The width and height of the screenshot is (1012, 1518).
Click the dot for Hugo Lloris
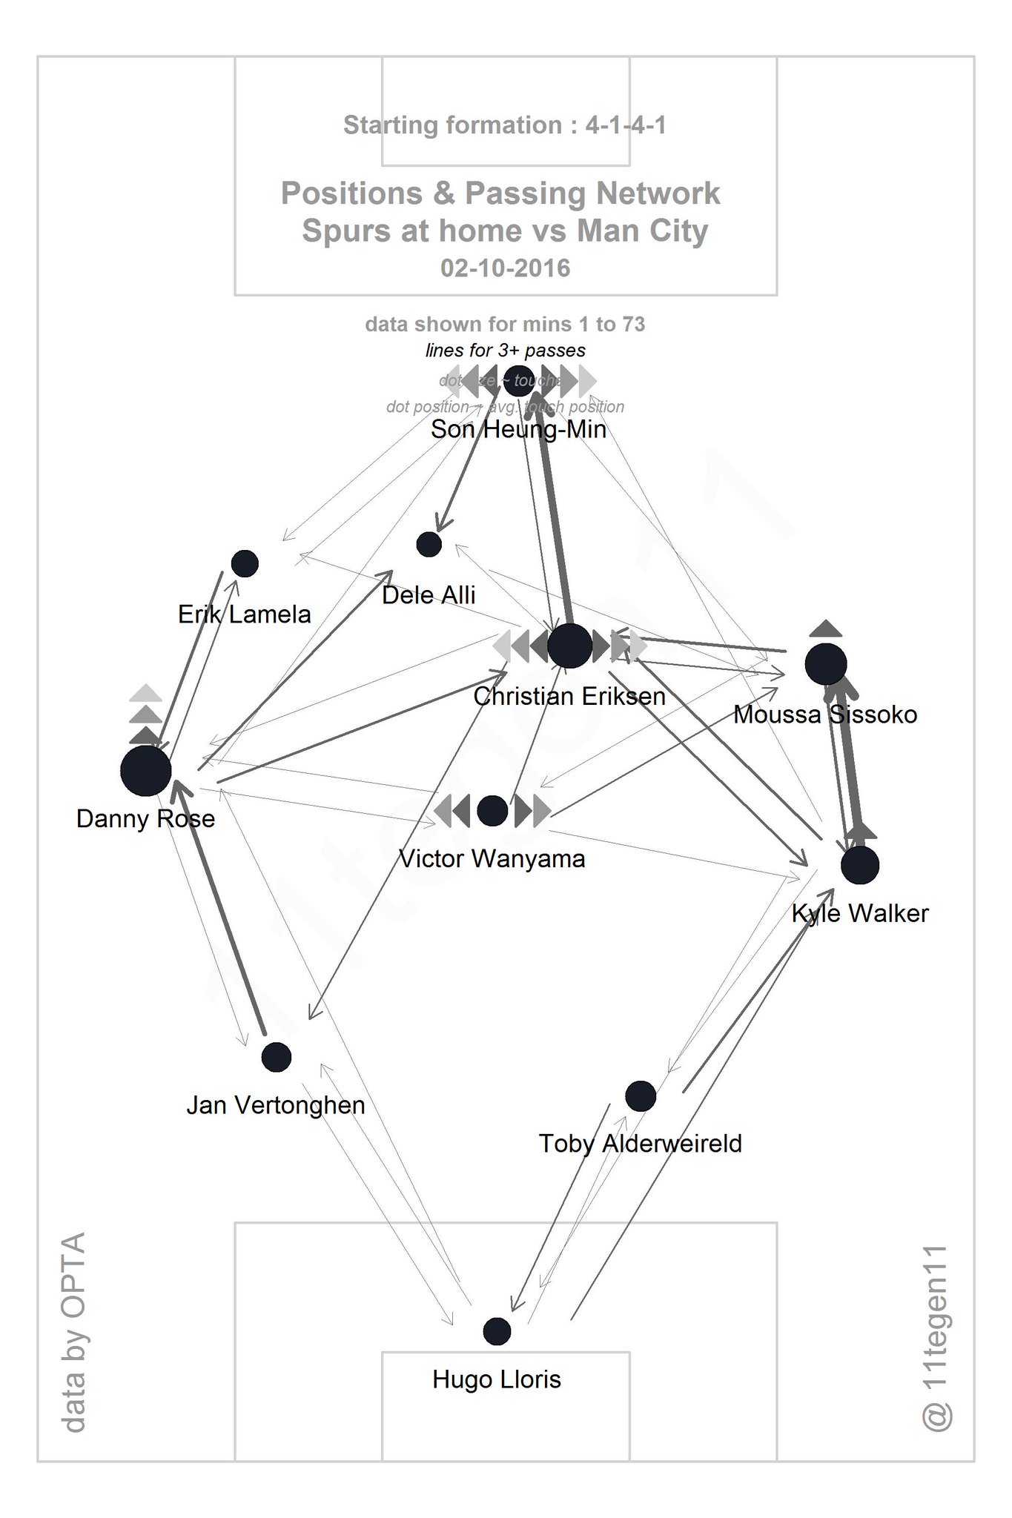[x=497, y=1331]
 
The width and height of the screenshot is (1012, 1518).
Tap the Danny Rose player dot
[x=146, y=771]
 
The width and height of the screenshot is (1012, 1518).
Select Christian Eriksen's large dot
[x=569, y=646]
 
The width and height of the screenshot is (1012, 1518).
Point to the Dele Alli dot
[x=429, y=544]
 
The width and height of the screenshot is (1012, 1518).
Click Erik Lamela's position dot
[x=245, y=563]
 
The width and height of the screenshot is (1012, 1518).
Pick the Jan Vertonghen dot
[x=277, y=1057]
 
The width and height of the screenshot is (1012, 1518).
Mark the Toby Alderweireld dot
[x=641, y=1096]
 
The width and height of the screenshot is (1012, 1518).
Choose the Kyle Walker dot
[x=860, y=865]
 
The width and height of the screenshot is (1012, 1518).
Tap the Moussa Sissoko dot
[x=826, y=664]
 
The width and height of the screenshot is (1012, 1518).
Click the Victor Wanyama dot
[x=492, y=811]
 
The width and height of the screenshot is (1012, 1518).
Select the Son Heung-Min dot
[x=519, y=381]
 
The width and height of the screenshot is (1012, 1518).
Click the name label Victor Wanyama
[x=492, y=859]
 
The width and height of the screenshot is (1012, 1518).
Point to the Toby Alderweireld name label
[x=641, y=1144]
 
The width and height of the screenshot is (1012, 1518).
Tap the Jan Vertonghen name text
[x=276, y=1105]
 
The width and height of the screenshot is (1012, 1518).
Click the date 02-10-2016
[x=506, y=268]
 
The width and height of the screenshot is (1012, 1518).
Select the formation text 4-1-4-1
[x=626, y=125]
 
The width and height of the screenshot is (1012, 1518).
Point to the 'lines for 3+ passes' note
[x=506, y=351]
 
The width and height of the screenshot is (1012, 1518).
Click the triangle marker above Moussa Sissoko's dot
[x=826, y=629]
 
